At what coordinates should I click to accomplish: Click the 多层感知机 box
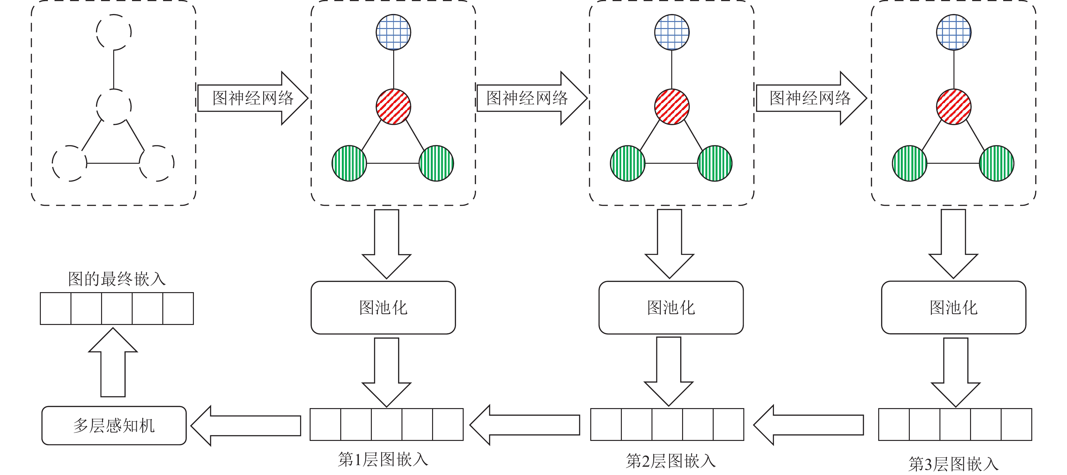(114, 425)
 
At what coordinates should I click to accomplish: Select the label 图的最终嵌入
(116, 279)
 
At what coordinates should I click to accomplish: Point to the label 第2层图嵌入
(671, 461)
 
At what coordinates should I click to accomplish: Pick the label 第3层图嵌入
(953, 464)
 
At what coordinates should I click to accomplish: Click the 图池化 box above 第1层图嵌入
(383, 307)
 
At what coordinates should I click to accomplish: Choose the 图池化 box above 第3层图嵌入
(953, 307)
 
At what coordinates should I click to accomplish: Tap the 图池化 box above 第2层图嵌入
(671, 307)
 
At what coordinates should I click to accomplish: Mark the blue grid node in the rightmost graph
(953, 32)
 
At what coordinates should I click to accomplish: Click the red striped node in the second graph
(394, 106)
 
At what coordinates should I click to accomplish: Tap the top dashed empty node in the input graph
(114, 32)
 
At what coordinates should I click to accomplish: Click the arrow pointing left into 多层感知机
(246, 425)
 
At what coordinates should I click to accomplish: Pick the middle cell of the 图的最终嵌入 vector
(117, 309)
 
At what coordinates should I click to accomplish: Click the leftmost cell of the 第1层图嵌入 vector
(326, 425)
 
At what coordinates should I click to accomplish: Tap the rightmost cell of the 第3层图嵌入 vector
(1016, 425)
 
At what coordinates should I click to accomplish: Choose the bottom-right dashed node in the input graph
(157, 163)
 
